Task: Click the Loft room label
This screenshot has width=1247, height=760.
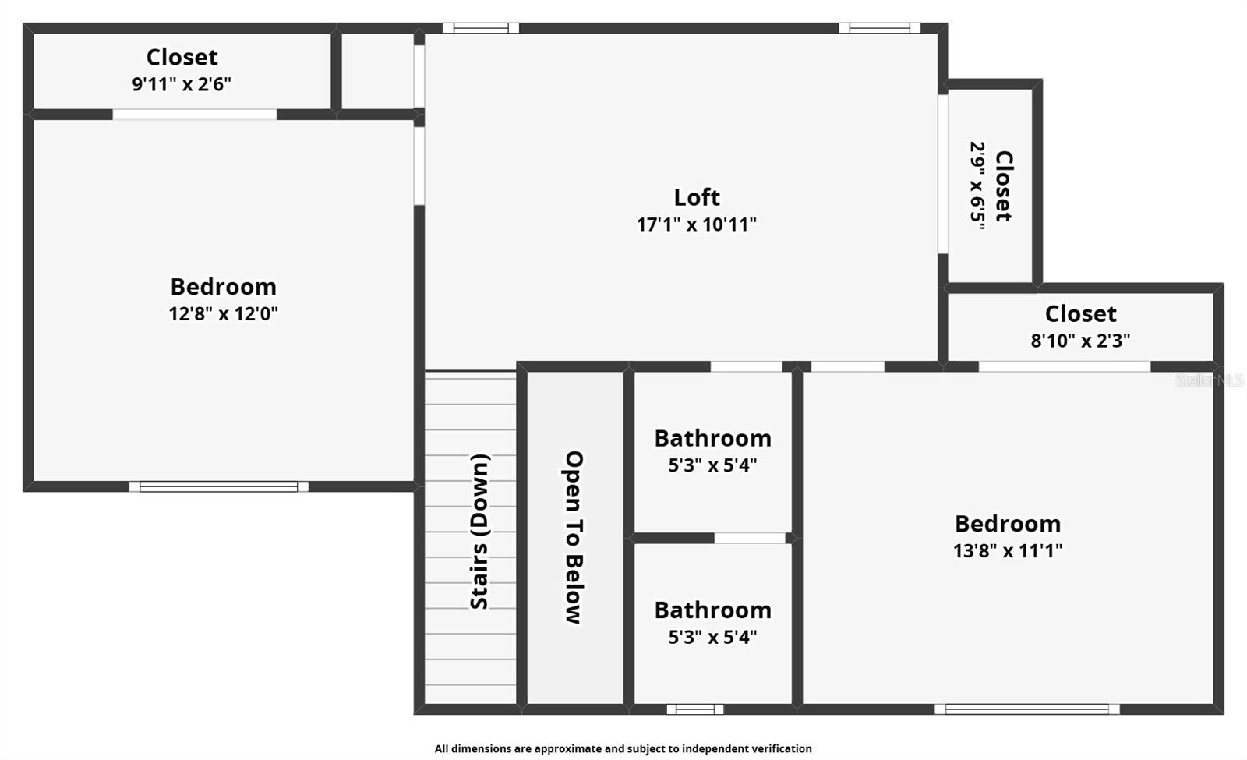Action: pyautogui.click(x=696, y=197)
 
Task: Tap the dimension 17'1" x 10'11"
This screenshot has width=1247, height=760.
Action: pyautogui.click(x=696, y=224)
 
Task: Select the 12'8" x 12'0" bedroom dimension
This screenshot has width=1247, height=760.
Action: pyautogui.click(x=223, y=313)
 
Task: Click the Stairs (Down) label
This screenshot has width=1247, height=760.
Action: pyautogui.click(x=479, y=532)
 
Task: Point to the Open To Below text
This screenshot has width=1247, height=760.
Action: pyautogui.click(x=574, y=537)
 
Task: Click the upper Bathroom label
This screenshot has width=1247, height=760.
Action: pyautogui.click(x=712, y=438)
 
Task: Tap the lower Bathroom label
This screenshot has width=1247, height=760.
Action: pyautogui.click(x=712, y=610)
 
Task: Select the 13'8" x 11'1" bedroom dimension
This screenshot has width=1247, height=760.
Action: pyautogui.click(x=1007, y=550)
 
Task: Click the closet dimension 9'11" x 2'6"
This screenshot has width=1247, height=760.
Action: pyautogui.click(x=182, y=84)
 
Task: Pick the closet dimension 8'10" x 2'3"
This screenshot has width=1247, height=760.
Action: pyautogui.click(x=1080, y=341)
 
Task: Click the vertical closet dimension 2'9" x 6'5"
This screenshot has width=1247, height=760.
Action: pyautogui.click(x=977, y=185)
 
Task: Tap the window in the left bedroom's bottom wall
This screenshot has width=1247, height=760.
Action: pyautogui.click(x=218, y=487)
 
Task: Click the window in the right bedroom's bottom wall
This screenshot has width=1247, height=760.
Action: pyautogui.click(x=1026, y=709)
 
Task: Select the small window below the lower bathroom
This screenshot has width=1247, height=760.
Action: pyautogui.click(x=694, y=709)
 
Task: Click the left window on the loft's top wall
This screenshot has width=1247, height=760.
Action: pyautogui.click(x=481, y=28)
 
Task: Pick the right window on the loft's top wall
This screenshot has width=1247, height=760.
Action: pyautogui.click(x=879, y=28)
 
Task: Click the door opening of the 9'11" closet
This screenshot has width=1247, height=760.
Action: pyautogui.click(x=194, y=115)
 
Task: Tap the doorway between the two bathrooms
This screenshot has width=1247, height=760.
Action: pyautogui.click(x=750, y=538)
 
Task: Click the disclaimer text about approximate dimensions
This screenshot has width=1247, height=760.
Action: pyautogui.click(x=623, y=748)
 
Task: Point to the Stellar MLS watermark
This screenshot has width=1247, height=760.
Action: pyautogui.click(x=1209, y=380)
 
